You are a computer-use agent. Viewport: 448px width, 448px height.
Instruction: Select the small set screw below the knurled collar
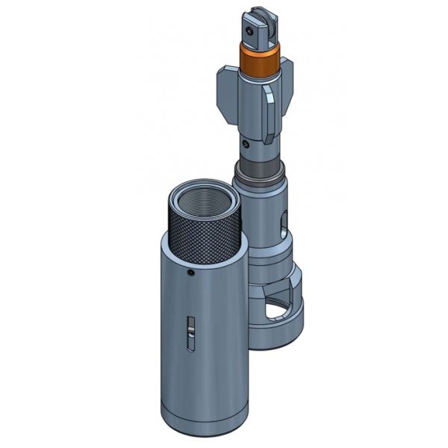191,274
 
